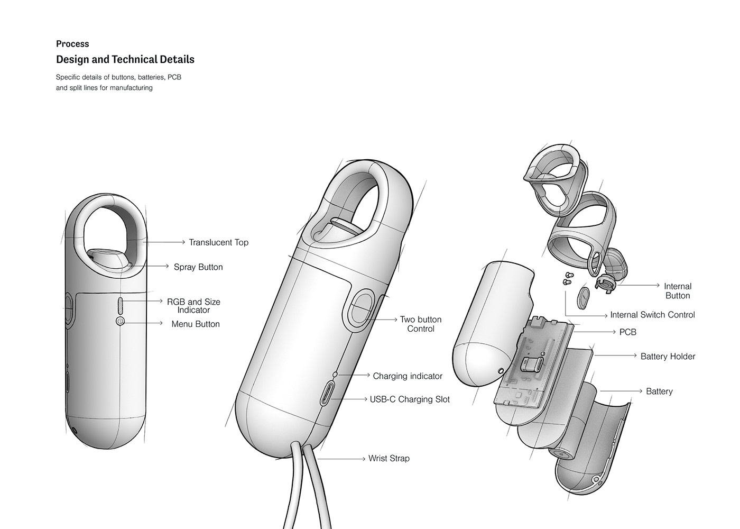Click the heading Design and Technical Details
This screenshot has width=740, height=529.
click(125, 60)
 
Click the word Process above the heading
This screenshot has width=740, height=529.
click(72, 44)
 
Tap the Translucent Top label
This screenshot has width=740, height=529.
click(218, 242)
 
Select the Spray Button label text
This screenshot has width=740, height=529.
click(198, 267)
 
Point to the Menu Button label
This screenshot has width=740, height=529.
click(195, 324)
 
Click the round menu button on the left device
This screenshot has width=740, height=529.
click(120, 321)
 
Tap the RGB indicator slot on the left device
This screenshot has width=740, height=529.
click(120, 305)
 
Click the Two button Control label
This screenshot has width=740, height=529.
click(420, 324)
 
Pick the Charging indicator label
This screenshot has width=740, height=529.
click(407, 376)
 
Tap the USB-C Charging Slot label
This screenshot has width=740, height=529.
click(410, 399)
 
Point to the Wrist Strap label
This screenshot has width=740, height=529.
click(388, 459)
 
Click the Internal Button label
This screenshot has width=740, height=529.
click(677, 291)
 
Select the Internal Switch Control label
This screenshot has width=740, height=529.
click(652, 315)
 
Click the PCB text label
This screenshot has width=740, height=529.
click(627, 332)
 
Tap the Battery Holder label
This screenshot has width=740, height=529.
click(668, 357)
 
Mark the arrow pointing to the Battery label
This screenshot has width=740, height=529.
click(621, 391)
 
